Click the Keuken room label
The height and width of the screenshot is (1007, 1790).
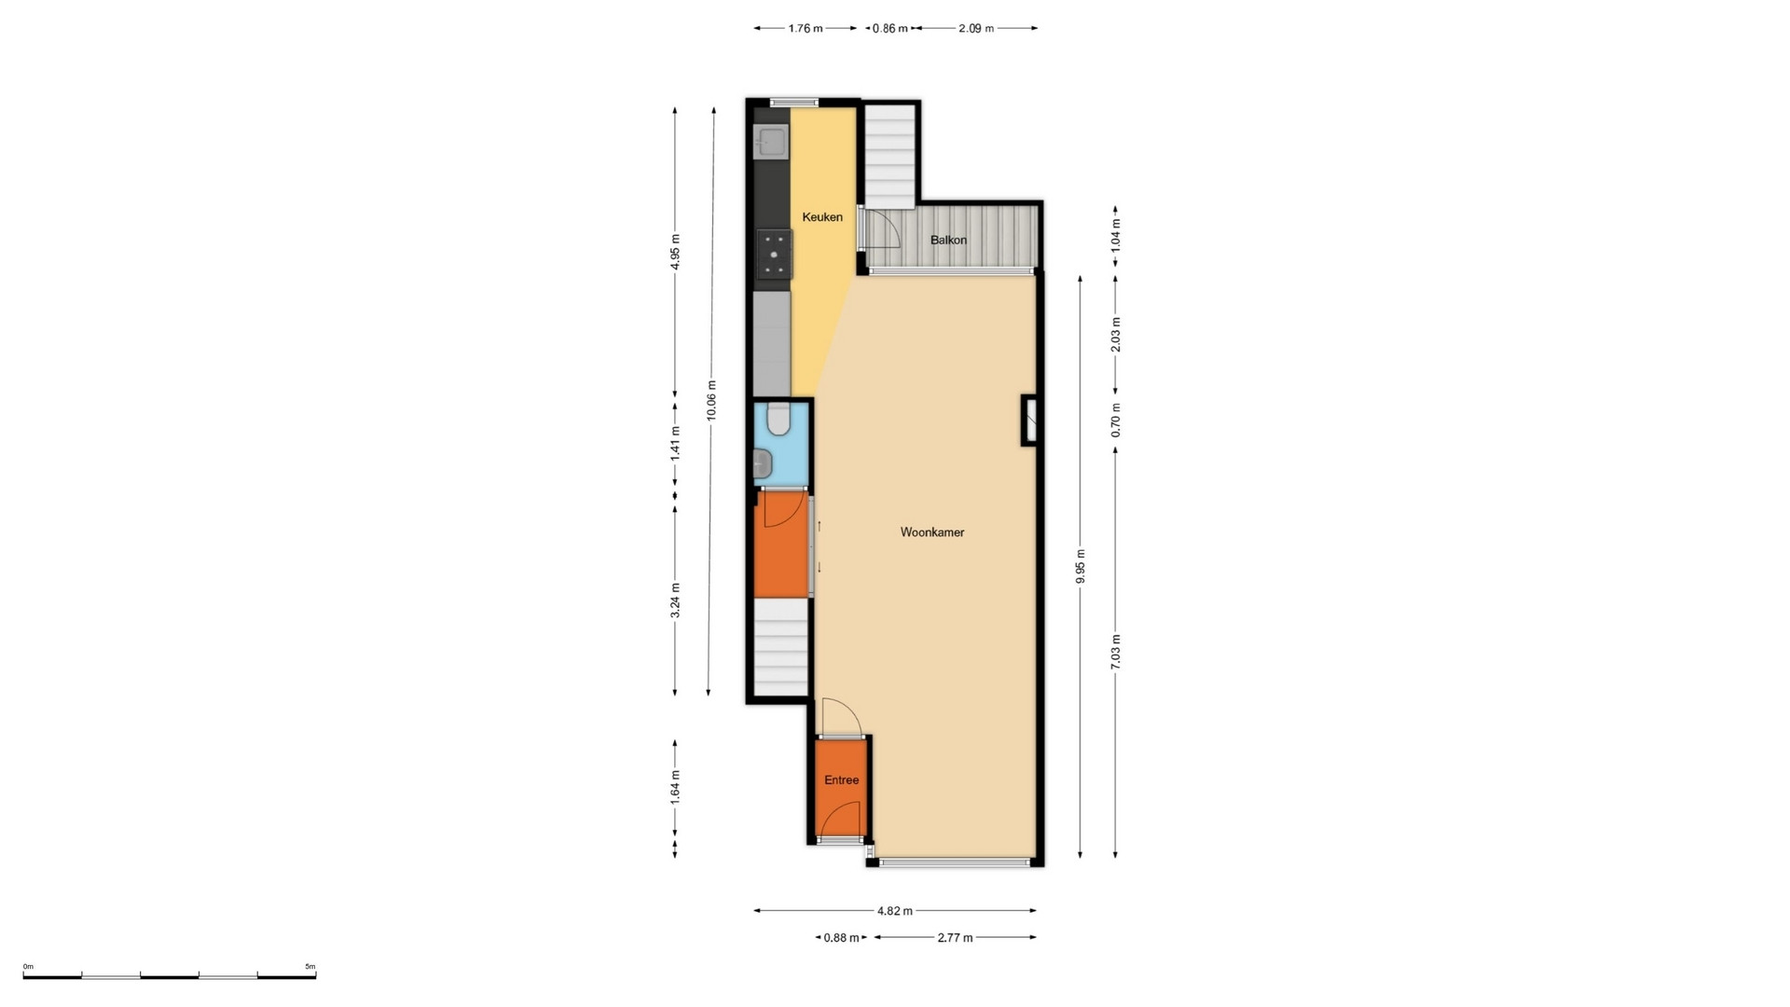tap(822, 217)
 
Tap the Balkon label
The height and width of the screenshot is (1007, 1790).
tap(948, 240)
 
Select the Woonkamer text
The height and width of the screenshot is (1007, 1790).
tap(932, 532)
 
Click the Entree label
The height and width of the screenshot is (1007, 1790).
tap(841, 780)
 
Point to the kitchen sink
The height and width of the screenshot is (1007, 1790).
tap(771, 142)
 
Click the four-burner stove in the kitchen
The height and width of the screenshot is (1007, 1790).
tap(774, 255)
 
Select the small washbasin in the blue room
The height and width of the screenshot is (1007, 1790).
tap(764, 462)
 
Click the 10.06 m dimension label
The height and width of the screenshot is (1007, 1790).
tap(712, 401)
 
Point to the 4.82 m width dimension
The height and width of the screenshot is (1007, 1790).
tap(895, 911)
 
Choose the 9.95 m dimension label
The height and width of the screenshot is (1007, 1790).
tap(1081, 566)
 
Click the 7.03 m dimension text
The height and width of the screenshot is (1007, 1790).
tap(1116, 652)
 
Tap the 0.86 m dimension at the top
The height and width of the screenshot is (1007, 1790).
tap(889, 28)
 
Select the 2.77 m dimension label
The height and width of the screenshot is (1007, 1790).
tap(955, 938)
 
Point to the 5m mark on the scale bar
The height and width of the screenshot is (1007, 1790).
tap(310, 967)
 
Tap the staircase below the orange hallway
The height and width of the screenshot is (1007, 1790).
tap(780, 646)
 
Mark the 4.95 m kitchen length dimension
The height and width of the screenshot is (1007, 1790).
tap(676, 252)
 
